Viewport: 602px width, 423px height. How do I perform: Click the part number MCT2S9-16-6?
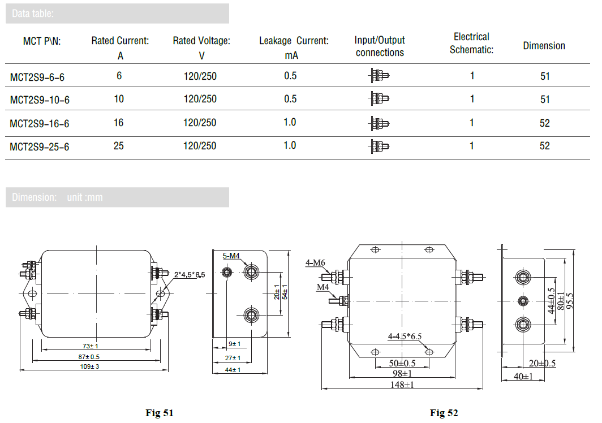point(40,124)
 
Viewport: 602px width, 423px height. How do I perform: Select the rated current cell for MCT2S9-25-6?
point(119,146)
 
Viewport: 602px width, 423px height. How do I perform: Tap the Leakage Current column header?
point(294,41)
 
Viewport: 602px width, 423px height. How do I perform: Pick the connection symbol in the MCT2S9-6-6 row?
point(379,75)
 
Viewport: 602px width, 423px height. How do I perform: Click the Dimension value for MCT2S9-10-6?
point(544,100)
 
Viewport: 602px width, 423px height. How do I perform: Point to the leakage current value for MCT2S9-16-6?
point(290,123)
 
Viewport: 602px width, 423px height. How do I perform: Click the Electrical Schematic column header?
point(471,44)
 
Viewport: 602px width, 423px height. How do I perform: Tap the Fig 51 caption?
point(160,413)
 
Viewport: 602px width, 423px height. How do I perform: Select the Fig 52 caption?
point(444,413)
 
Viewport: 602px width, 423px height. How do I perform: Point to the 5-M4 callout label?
point(231,256)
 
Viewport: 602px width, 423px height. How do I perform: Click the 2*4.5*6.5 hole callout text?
point(190,274)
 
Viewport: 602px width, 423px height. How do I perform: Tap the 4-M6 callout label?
point(315,262)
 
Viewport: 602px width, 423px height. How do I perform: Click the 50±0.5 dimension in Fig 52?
point(402,363)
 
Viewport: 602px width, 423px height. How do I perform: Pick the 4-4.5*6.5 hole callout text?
point(405,336)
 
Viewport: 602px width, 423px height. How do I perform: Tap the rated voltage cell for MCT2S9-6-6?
point(200,76)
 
